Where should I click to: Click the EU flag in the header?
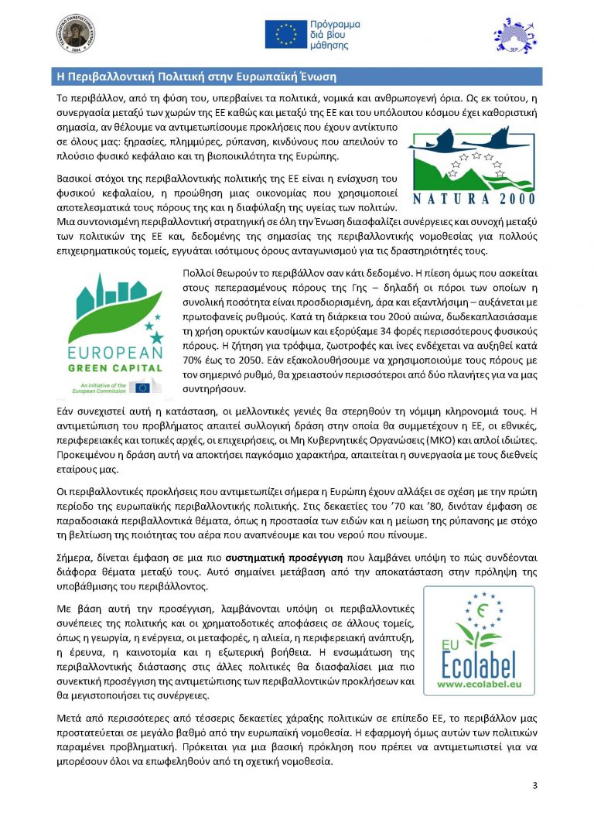tap(285, 34)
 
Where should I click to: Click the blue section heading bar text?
tap(193, 77)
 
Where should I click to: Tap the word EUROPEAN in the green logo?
tap(115, 353)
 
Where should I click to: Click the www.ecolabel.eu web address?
tap(480, 685)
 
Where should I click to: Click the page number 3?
tap(534, 786)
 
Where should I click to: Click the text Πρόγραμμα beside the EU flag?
tap(335, 26)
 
